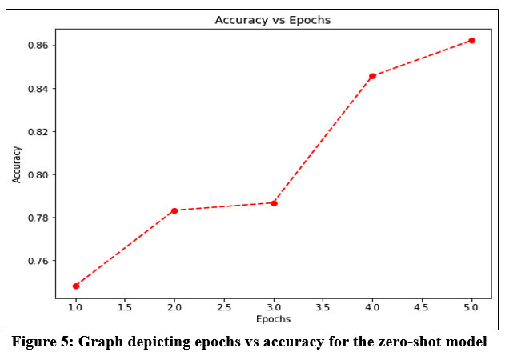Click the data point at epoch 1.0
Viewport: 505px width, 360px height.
click(76, 286)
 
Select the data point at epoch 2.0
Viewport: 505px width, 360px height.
click(174, 210)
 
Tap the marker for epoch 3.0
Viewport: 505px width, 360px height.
click(274, 203)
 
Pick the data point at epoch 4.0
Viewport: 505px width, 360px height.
click(372, 76)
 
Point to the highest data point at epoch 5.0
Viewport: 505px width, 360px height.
click(471, 40)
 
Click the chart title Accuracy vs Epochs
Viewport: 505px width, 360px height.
click(273, 20)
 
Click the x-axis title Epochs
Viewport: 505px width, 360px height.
click(274, 318)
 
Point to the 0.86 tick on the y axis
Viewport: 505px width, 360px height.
click(40, 46)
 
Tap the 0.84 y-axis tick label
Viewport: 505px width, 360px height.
click(40, 89)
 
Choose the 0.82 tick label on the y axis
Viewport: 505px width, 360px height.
click(40, 132)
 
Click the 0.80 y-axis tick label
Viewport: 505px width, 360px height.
click(40, 175)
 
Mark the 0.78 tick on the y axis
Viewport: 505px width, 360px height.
click(40, 218)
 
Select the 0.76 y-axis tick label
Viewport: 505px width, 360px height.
click(40, 262)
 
